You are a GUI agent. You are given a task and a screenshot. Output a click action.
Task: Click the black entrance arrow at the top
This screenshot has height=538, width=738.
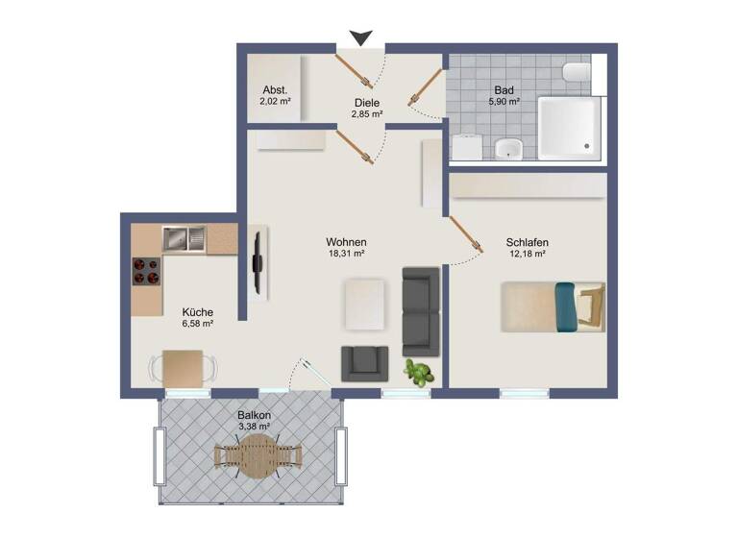[360, 38]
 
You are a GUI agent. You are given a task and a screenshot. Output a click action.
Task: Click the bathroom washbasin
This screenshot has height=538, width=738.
[508, 148]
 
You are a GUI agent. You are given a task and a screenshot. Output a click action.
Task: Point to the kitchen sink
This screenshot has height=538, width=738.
[184, 236]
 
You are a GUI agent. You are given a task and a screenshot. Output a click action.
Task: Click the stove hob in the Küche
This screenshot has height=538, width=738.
[145, 271]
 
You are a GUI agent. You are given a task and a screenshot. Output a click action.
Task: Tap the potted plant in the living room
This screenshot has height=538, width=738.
[416, 372]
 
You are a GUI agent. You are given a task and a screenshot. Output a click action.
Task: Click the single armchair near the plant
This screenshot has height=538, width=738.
[364, 361]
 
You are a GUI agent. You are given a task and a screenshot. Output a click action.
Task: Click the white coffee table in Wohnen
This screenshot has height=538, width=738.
[364, 301]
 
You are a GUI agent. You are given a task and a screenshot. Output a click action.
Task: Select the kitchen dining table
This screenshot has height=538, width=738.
[183, 367]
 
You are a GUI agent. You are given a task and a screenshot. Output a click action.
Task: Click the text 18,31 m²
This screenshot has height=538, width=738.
[346, 255]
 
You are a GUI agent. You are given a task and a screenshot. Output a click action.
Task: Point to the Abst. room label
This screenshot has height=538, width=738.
[275, 90]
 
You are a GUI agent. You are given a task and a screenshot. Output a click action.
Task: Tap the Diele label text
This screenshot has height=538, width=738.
[366, 103]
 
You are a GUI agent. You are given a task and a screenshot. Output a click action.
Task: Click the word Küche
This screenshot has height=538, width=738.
[197, 312]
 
